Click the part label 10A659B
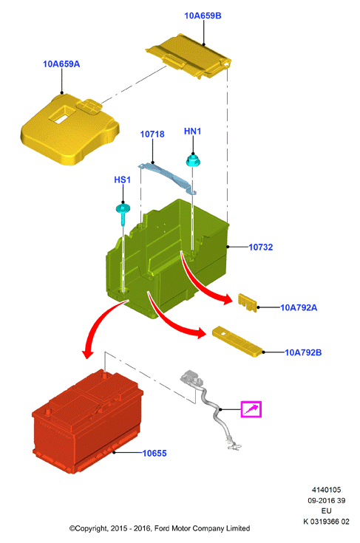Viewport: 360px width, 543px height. (203, 16)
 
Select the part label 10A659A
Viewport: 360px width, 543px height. (61, 64)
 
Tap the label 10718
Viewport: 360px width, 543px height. (152, 134)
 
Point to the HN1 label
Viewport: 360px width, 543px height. (192, 132)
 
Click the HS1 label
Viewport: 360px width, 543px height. (122, 180)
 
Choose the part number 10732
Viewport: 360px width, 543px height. (260, 247)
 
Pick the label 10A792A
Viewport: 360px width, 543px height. (299, 307)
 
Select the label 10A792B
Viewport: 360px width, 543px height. (303, 352)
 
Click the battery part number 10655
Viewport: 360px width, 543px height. (154, 454)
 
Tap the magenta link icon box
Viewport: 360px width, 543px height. (251, 409)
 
